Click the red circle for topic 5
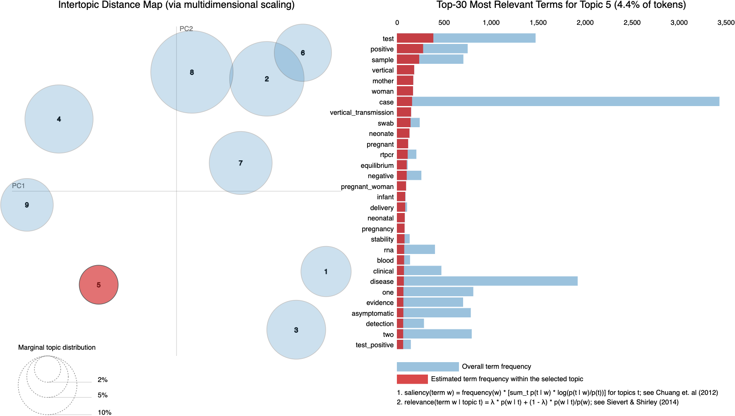[x=98, y=285]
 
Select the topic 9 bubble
[x=27, y=205]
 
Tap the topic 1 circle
[x=326, y=271]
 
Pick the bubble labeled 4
[x=59, y=119]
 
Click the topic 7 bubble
[x=240, y=163]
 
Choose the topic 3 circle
[x=296, y=330]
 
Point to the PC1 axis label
[x=18, y=186]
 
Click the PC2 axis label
[x=186, y=29]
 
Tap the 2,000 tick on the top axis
[x=585, y=22]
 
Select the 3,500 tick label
[x=725, y=22]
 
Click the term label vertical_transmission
[x=361, y=112]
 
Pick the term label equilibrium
[x=377, y=165]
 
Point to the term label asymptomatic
[x=372, y=313]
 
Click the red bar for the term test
[x=415, y=38]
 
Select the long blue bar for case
[x=565, y=102]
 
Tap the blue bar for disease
[x=490, y=281]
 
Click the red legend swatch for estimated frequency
[x=412, y=379]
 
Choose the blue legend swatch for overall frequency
[x=428, y=367]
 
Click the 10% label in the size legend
[x=104, y=412]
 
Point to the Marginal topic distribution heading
[x=57, y=347]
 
